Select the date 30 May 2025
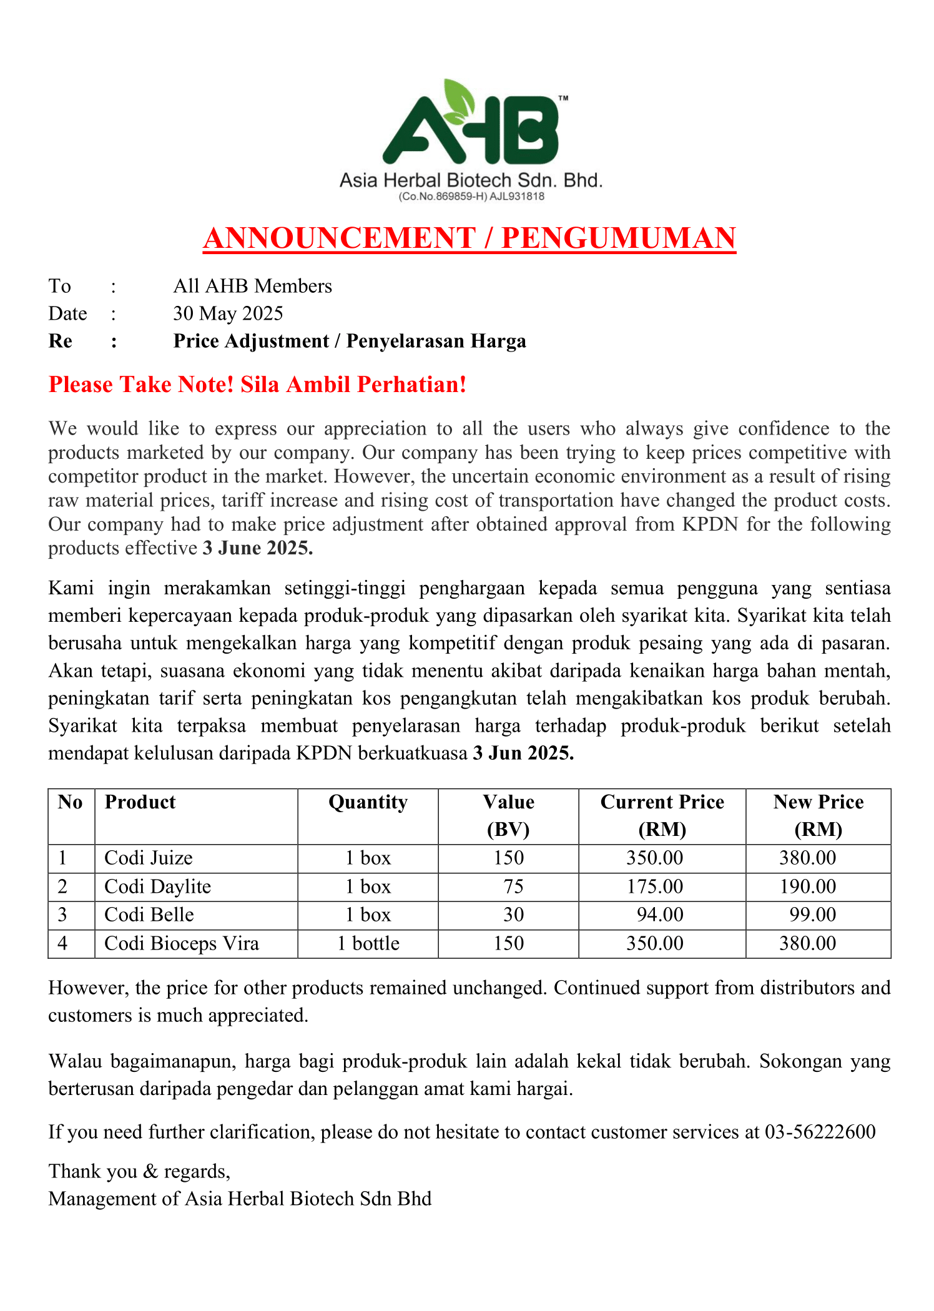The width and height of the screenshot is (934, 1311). click(228, 313)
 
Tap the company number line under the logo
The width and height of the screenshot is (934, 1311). click(471, 197)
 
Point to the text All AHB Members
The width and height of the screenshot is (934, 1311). click(252, 286)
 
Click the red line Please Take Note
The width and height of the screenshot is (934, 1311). click(257, 385)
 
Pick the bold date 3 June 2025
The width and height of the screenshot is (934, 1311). click(257, 548)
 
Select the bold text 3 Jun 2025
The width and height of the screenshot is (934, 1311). click(523, 754)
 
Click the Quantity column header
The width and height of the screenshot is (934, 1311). click(368, 802)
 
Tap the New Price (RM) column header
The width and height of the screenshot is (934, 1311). click(818, 815)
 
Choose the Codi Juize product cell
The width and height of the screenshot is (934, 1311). click(149, 858)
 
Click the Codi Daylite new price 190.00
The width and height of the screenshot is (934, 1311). click(807, 887)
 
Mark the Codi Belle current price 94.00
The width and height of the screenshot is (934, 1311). click(660, 915)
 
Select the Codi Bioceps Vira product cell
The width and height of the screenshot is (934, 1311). click(181, 943)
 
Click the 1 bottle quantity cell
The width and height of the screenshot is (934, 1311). click(368, 943)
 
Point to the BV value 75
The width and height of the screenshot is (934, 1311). click(513, 887)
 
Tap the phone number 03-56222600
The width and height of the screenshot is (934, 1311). click(820, 1132)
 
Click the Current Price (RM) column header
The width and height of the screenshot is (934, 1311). click(662, 815)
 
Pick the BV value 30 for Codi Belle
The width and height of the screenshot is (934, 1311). click(513, 915)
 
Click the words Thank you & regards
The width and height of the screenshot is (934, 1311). click(139, 1171)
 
